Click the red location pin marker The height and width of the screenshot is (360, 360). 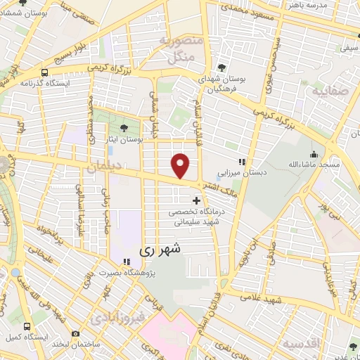coord(181,165)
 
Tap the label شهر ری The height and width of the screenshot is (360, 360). coord(160,249)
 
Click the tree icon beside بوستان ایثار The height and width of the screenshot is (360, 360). coord(124,128)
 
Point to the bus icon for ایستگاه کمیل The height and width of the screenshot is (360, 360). coord(27,328)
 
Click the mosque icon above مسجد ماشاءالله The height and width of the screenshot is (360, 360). coord(314,154)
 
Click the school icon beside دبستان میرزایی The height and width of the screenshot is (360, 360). coord(242,162)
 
